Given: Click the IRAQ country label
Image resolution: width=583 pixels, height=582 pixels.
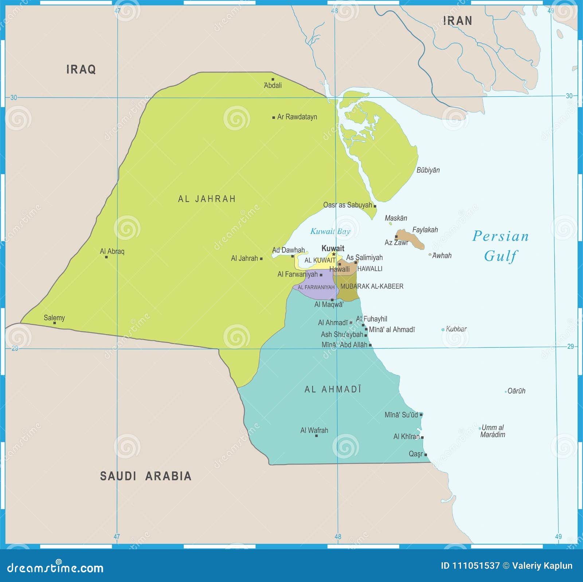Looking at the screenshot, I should coord(81,69).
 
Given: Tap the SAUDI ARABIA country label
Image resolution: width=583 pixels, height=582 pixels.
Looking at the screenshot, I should coord(146,476).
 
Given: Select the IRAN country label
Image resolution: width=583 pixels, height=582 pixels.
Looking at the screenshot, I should coord(458,21).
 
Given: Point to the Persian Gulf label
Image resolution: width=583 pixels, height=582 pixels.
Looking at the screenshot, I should coord(501,246).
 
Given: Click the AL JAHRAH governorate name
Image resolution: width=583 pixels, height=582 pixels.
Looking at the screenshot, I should coord(207,199).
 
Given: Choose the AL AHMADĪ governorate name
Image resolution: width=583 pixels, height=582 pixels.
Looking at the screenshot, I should coord(333,389).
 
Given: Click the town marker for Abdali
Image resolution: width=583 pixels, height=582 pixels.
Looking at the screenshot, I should coord(273,79).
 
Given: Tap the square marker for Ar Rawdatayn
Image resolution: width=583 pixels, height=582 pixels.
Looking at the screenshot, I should coord(274,117).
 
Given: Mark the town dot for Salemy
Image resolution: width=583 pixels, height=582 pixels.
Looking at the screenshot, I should coord(55,323).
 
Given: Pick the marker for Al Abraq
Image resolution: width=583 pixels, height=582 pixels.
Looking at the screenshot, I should coord(106,257).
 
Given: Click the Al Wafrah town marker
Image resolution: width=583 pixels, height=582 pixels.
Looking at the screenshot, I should coord(316,436).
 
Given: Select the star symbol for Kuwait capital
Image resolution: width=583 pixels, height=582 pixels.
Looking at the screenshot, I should coord(333,254).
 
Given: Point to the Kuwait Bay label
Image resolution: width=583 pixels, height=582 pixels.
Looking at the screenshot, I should coord(330,231).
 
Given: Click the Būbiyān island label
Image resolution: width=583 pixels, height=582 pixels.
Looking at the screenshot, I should coord(428,170).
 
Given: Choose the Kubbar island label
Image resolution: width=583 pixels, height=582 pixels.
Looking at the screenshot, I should coord(456,329).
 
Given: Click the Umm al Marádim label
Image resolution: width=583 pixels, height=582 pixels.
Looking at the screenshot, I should coord(493,431).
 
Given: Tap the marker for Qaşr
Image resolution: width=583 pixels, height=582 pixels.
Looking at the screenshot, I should coord(426,455).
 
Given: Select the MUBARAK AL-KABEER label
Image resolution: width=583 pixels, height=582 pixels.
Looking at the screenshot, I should coord(372,286).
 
